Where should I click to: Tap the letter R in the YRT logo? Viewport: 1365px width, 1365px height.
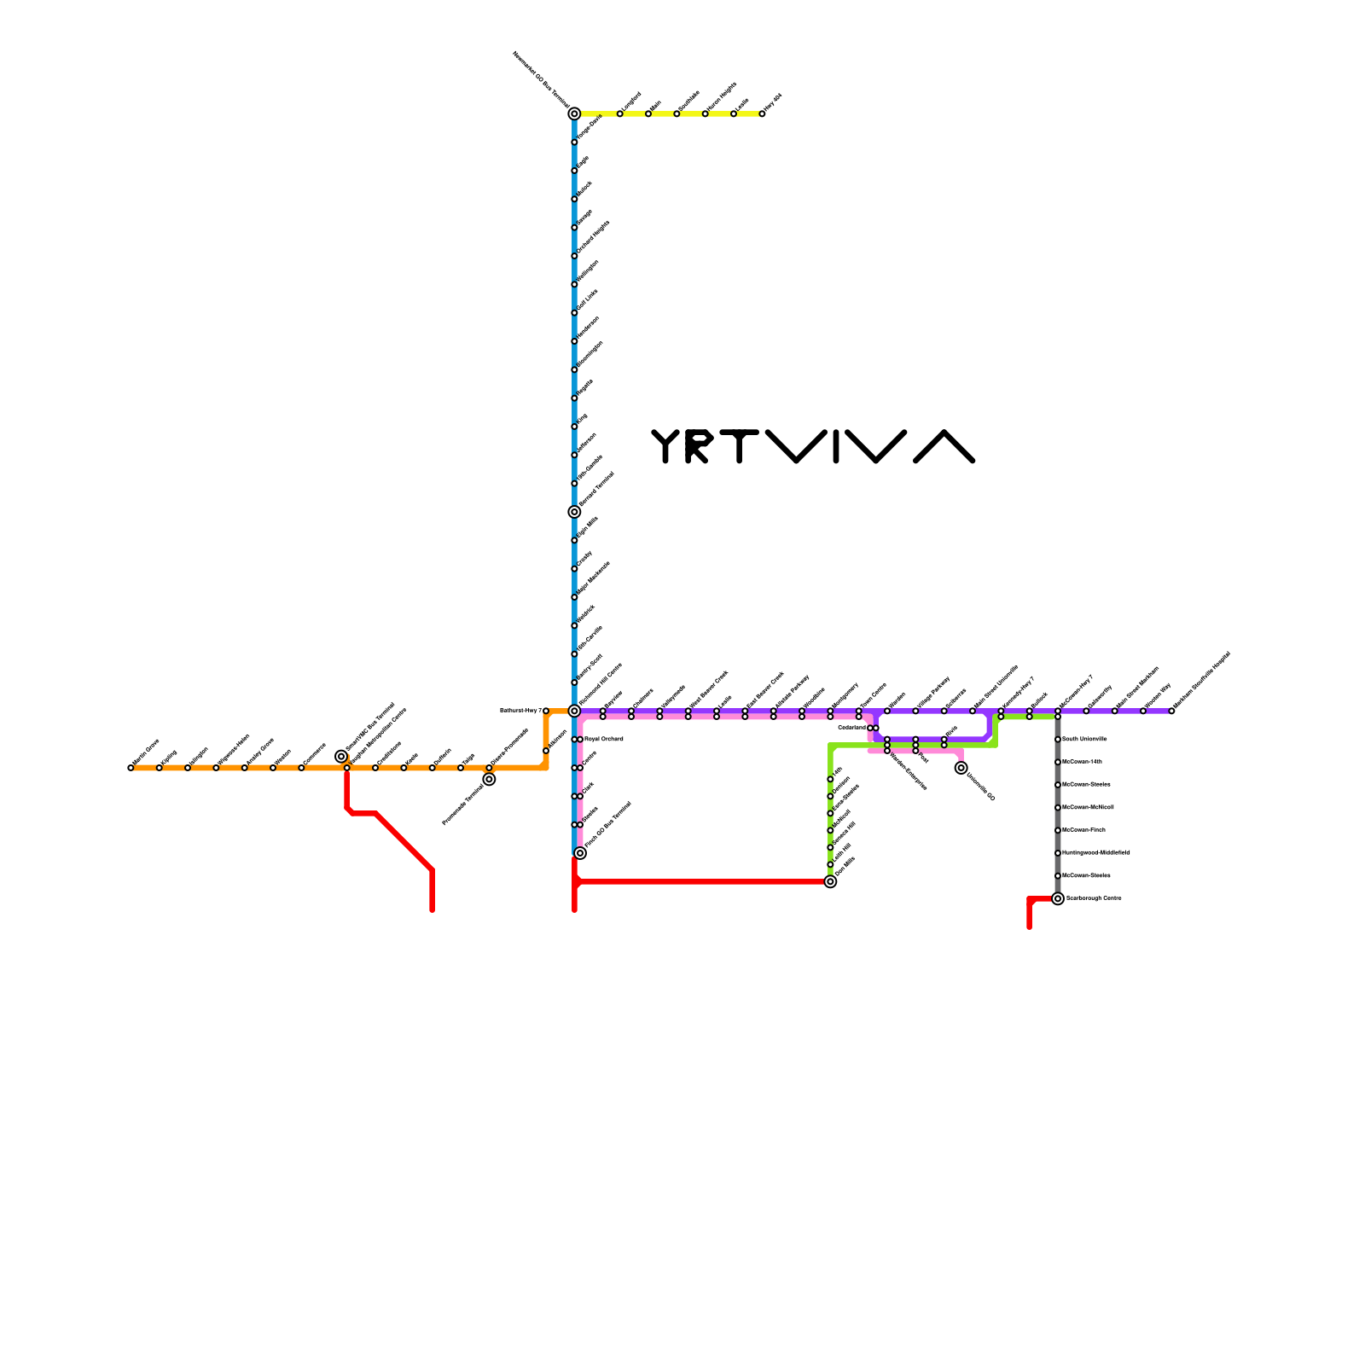(696, 446)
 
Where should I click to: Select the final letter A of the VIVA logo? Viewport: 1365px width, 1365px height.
(944, 446)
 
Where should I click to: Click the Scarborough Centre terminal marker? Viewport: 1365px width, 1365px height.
(1058, 898)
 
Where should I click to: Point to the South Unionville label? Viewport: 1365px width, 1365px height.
(1084, 739)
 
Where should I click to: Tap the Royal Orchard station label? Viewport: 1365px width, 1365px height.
(603, 739)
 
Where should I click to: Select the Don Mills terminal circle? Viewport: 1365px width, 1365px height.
(830, 881)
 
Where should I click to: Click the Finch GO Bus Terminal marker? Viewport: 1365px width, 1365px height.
(580, 853)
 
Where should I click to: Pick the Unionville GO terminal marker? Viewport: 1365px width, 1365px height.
(961, 768)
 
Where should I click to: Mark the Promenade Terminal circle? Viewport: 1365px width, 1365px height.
(489, 779)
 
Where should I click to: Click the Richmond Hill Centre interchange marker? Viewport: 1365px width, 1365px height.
(574, 711)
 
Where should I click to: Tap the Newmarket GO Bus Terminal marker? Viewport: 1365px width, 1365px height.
(574, 113)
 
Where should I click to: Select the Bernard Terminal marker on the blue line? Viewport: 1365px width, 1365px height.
(574, 512)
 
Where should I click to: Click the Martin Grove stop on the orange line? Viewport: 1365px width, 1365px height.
(131, 768)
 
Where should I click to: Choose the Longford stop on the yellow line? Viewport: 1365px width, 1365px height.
(620, 113)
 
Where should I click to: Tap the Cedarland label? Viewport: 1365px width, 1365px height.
(851, 728)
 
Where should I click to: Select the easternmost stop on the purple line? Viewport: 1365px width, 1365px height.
(1171, 711)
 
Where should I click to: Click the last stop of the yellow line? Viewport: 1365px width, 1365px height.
(762, 113)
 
